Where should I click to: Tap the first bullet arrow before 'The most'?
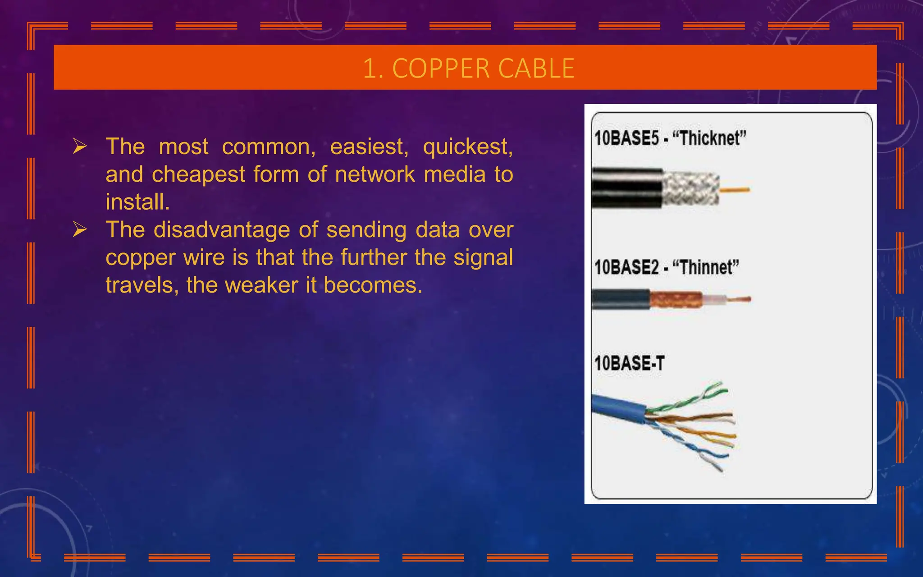[80, 147]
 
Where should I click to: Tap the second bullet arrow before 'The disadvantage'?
[80, 229]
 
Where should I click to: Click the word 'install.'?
[137, 202]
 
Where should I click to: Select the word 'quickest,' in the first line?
[467, 147]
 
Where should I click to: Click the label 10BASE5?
[626, 138]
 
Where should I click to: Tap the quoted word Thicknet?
[709, 138]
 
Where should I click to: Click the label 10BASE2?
[626, 267]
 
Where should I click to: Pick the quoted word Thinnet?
[705, 267]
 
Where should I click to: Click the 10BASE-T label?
[629, 363]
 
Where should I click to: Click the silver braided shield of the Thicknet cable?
[690, 189]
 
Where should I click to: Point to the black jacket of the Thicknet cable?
[626, 188]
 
